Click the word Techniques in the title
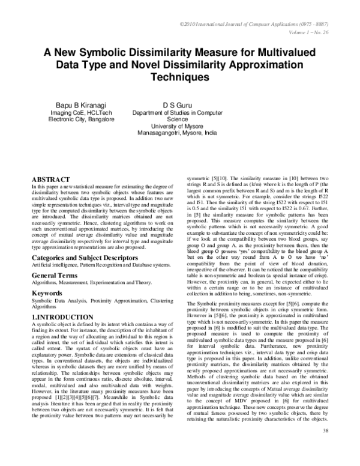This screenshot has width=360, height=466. [x=180, y=77]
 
